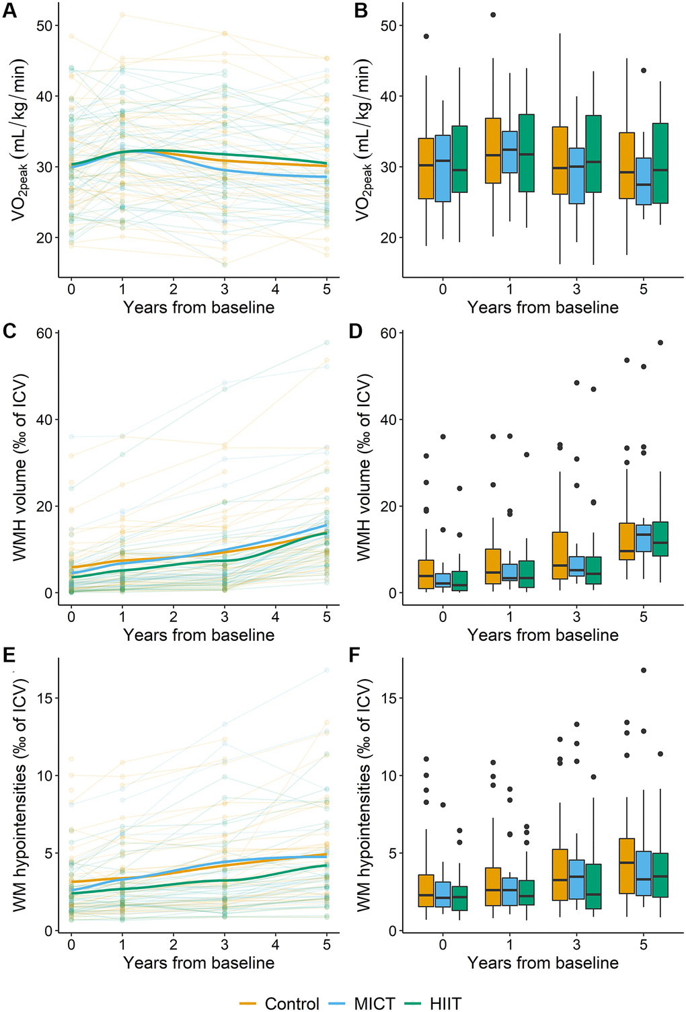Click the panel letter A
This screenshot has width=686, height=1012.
9,11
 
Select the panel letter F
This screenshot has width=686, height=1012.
355,656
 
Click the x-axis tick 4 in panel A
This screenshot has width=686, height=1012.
276,289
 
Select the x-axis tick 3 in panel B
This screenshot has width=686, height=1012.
576,289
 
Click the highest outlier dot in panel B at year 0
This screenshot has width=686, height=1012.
426,36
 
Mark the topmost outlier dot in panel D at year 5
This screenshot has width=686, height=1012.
660,342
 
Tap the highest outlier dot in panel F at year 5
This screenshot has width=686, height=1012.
644,670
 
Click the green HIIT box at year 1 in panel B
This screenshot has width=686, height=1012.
526,153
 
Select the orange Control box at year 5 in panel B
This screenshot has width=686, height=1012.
627,165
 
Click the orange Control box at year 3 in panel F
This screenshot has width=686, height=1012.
560,874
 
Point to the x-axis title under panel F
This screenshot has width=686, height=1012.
543,963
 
